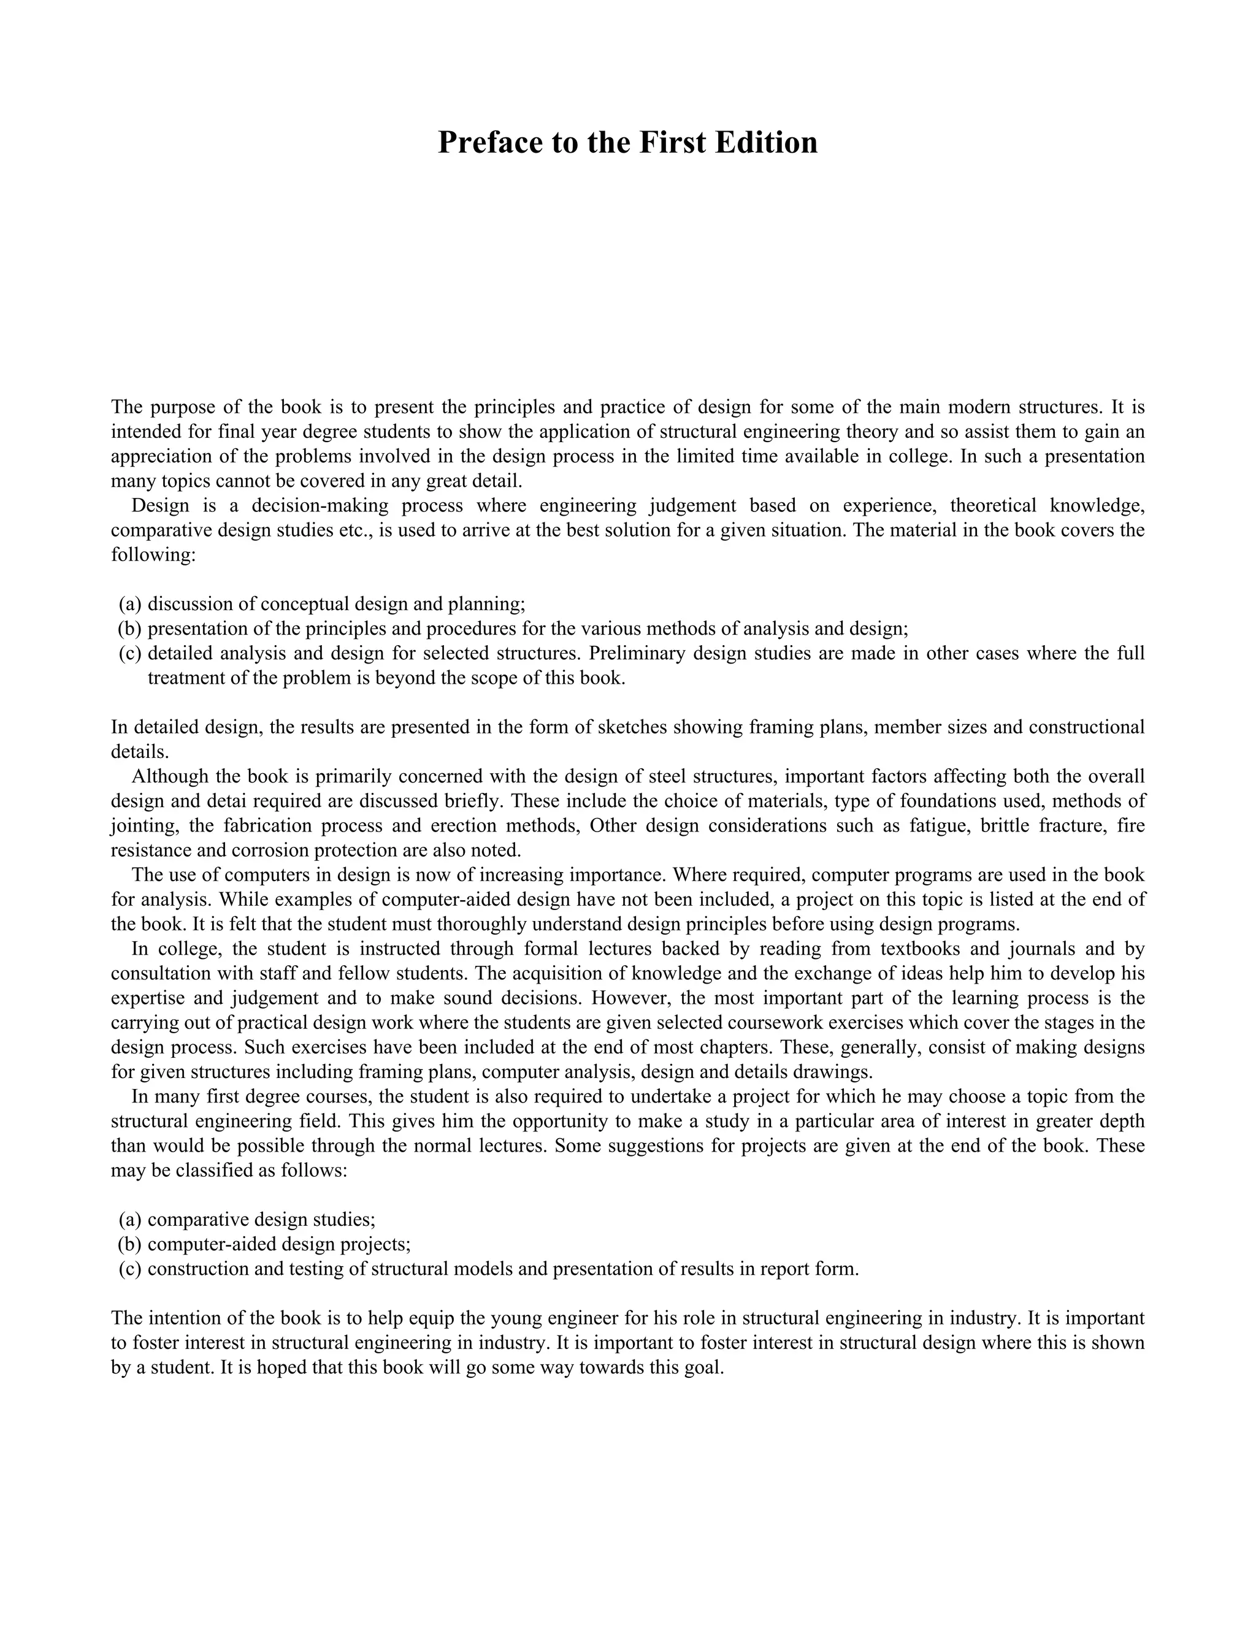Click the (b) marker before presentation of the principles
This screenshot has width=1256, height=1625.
[x=129, y=629]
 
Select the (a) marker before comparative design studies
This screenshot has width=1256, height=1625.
[x=129, y=1220]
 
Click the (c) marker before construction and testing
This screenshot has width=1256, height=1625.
[x=129, y=1269]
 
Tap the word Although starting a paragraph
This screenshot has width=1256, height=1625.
[x=171, y=777]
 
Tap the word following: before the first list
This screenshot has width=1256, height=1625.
[x=153, y=555]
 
